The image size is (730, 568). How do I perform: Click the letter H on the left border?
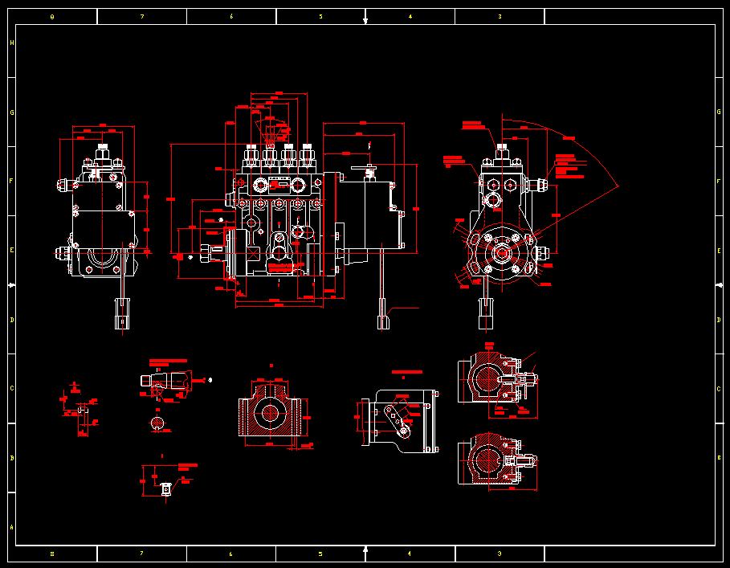pyautogui.click(x=11, y=43)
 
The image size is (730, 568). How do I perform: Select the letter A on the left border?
pyautogui.click(x=11, y=528)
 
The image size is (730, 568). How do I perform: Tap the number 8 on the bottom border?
pyautogui.click(x=52, y=554)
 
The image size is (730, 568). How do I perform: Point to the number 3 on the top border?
pyautogui.click(x=500, y=16)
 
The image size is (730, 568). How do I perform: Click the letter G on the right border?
pyautogui.click(x=719, y=112)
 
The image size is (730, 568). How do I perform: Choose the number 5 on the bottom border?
pyautogui.click(x=320, y=554)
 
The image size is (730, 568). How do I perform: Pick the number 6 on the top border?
pyautogui.click(x=231, y=16)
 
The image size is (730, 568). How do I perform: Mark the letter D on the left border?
pyautogui.click(x=11, y=320)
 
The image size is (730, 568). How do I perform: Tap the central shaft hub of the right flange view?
pyautogui.click(x=501, y=254)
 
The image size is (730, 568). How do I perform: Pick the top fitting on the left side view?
pyautogui.click(x=103, y=152)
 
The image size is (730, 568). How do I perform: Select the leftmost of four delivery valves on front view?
pyautogui.click(x=251, y=153)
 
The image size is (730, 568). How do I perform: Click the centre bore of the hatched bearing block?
pyautogui.click(x=269, y=412)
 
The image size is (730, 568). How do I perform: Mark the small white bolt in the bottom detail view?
pyautogui.click(x=165, y=488)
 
